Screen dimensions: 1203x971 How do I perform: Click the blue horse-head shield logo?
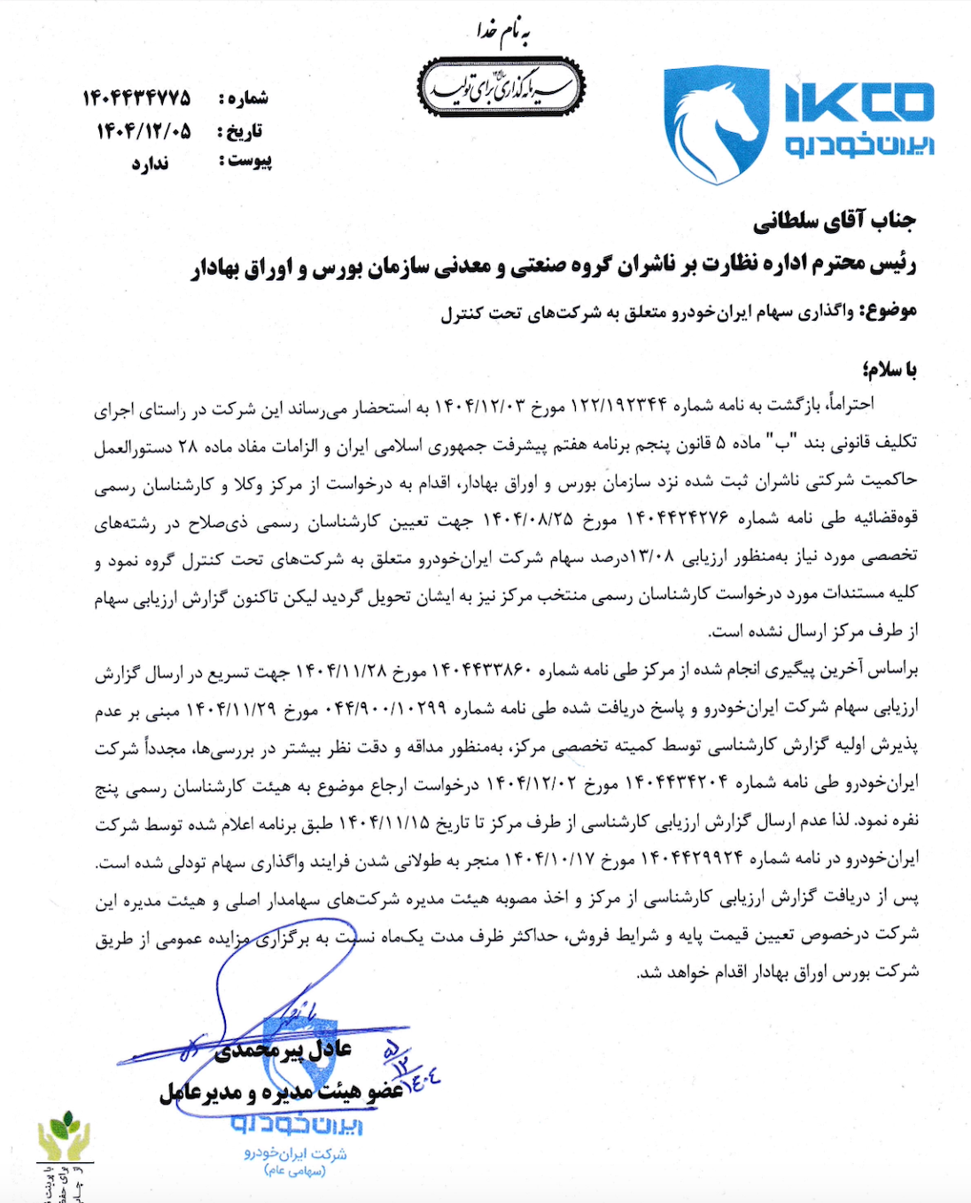point(716,124)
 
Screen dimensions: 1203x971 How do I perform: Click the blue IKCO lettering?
point(858,102)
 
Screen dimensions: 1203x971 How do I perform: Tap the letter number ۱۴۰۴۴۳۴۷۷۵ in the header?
point(136,97)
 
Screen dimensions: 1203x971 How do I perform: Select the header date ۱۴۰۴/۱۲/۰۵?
point(144,131)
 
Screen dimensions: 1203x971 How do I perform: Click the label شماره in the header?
point(245,97)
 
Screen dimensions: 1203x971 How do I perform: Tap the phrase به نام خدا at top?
point(502,34)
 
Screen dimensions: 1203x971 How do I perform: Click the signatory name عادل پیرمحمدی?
point(284,1051)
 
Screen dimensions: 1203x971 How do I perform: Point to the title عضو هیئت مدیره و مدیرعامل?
point(282,1091)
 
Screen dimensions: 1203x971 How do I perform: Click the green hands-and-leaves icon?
point(63,1136)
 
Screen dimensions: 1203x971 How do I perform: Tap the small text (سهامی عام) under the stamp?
point(295,1170)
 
